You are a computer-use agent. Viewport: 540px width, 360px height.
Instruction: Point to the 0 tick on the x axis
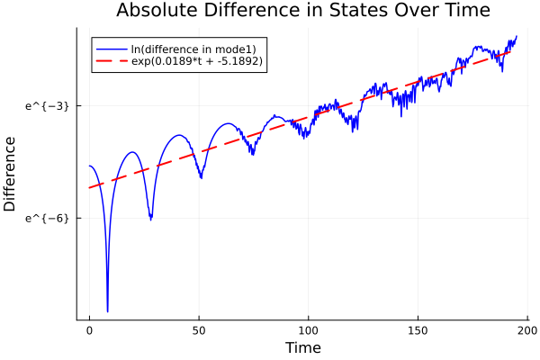tap(89, 329)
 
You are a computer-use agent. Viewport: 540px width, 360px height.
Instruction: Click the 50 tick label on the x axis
tap(199, 329)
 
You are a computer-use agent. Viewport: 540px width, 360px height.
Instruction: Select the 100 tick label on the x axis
tap(309, 329)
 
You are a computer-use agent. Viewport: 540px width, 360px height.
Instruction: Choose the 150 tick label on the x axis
tap(418, 329)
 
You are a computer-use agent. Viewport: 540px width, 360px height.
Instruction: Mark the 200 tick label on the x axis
tap(527, 329)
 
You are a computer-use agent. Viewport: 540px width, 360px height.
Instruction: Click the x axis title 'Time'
tap(302, 347)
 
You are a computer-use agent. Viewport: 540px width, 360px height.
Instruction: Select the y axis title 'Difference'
tap(11, 174)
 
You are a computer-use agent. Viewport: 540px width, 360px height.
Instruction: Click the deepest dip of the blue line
tap(107, 310)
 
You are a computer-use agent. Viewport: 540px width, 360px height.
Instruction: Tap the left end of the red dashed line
tap(89, 187)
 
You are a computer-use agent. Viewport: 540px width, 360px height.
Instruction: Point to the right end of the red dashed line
tap(511, 50)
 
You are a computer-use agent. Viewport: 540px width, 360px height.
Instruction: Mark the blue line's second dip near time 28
tap(150, 219)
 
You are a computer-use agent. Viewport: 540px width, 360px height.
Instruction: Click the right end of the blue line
tap(517, 36)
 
